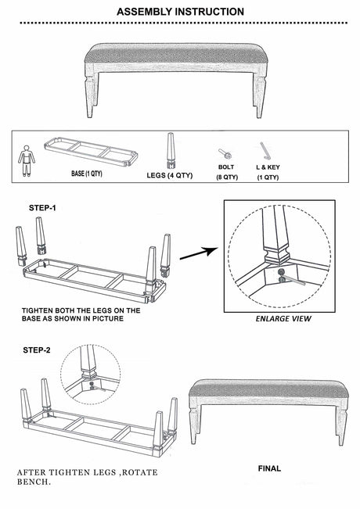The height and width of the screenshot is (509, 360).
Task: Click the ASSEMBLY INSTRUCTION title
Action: click(180, 12)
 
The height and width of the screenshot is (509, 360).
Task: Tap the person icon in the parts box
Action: click(27, 161)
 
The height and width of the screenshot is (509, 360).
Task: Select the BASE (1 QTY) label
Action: click(87, 174)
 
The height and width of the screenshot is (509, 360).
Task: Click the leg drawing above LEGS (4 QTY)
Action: click(171, 150)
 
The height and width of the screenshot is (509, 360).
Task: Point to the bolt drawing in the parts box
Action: click(225, 153)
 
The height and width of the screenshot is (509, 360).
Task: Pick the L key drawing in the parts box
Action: click(265, 151)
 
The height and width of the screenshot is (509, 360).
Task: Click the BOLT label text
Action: click(226, 167)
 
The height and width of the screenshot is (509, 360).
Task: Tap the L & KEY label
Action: click(268, 167)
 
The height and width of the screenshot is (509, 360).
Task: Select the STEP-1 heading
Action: click(42, 208)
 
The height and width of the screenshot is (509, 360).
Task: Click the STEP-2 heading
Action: click(37, 350)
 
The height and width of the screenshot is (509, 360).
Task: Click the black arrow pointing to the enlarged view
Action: click(199, 253)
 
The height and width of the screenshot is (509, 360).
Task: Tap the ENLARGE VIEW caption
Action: click(283, 319)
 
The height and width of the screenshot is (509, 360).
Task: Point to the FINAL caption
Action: click(269, 468)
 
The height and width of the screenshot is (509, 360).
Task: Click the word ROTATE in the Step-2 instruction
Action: click(140, 472)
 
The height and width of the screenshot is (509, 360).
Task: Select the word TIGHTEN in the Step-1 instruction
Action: click(37, 310)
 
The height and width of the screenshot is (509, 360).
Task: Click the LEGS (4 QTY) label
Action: click(170, 175)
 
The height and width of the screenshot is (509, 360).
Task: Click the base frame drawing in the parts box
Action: click(91, 152)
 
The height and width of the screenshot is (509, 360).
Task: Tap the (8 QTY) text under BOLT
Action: click(227, 177)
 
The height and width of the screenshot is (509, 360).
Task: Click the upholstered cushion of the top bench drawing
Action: click(176, 54)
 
